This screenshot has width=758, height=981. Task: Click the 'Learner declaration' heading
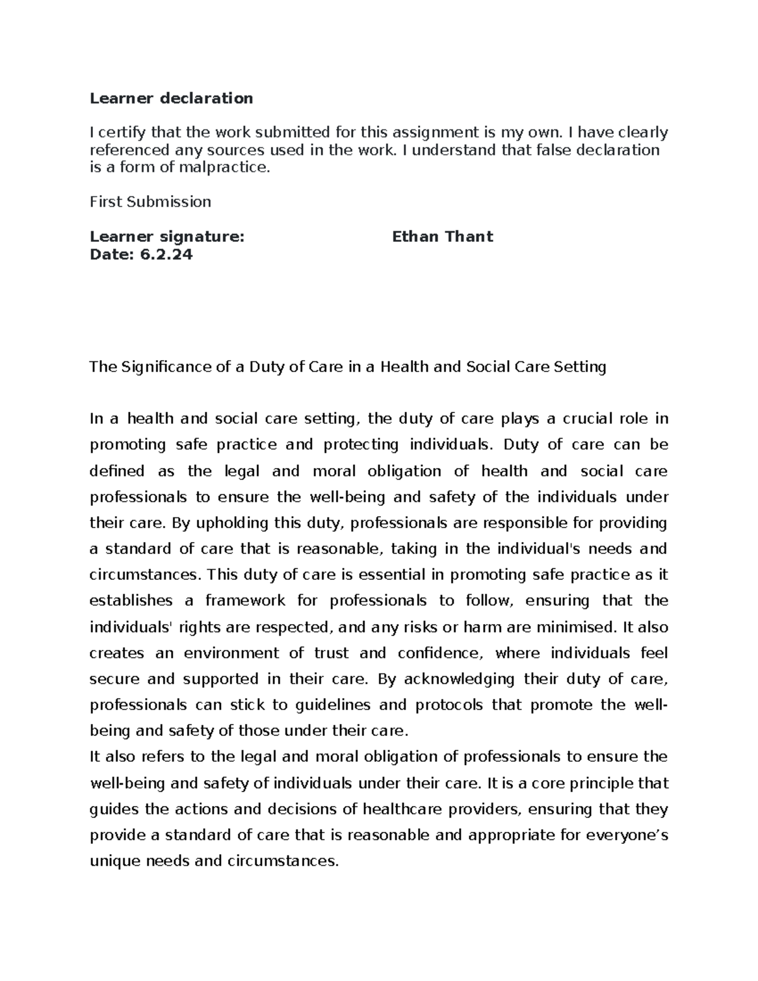171,98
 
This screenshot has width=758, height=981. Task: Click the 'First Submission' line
150,202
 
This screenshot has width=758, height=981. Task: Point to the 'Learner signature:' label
167,237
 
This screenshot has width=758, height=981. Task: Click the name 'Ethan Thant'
442,237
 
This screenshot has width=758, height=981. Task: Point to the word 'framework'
245,601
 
